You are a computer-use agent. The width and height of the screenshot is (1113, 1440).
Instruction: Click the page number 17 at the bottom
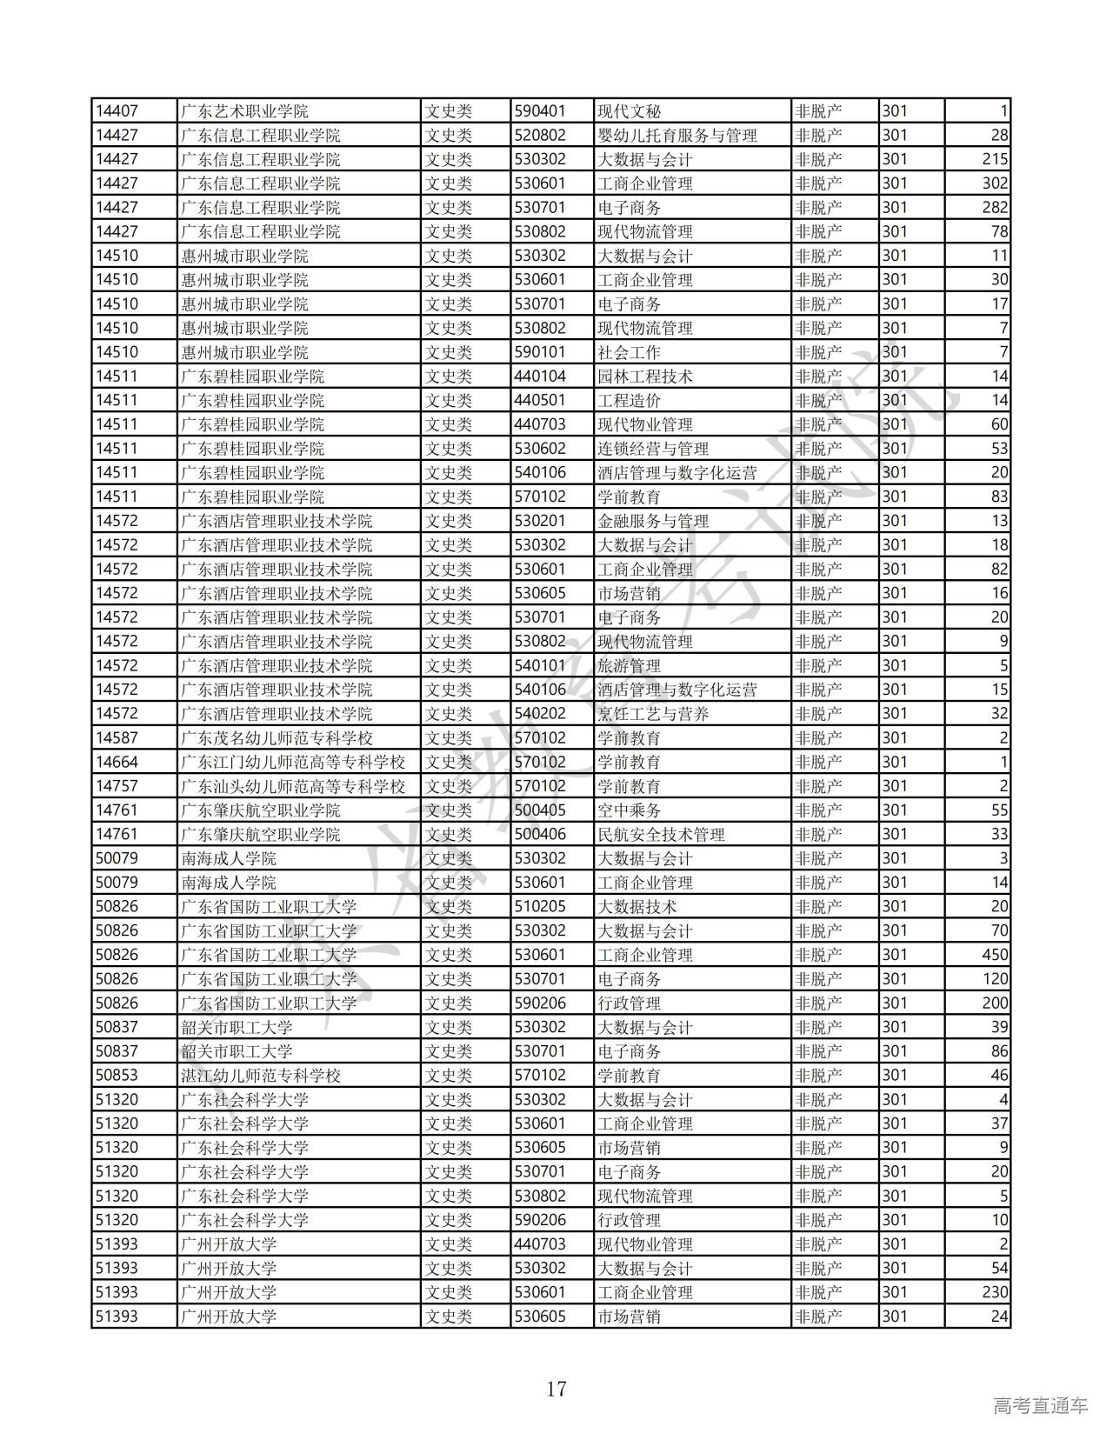click(x=556, y=1388)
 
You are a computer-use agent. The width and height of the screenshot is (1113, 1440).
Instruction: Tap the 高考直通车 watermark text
click(x=1040, y=1405)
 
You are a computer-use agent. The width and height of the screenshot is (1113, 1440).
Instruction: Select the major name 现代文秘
click(x=630, y=111)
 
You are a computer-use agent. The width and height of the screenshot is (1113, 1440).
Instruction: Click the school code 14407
click(x=117, y=111)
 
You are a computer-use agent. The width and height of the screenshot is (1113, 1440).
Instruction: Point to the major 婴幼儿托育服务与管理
click(x=677, y=136)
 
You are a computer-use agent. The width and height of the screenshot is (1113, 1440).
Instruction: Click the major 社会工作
click(x=630, y=352)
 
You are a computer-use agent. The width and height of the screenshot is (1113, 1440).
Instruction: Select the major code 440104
click(x=540, y=377)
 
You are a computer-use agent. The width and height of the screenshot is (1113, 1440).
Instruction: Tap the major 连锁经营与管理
click(x=653, y=449)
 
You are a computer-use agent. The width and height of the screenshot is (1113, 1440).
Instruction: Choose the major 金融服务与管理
click(x=653, y=521)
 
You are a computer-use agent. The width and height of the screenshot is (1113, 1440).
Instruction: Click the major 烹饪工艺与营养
click(x=653, y=714)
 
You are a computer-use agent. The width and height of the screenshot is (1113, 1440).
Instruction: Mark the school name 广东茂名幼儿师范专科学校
click(x=277, y=738)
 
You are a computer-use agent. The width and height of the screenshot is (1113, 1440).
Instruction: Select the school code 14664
click(x=117, y=762)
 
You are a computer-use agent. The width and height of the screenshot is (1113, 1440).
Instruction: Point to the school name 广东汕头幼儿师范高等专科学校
click(x=293, y=786)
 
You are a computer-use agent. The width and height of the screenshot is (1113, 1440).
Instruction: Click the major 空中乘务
click(x=630, y=810)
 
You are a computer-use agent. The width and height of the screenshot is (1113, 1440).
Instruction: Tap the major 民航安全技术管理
click(x=661, y=835)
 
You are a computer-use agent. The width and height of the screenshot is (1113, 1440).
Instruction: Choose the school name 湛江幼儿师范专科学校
click(x=261, y=1076)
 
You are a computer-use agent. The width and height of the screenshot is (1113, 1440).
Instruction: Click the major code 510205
click(x=540, y=907)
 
